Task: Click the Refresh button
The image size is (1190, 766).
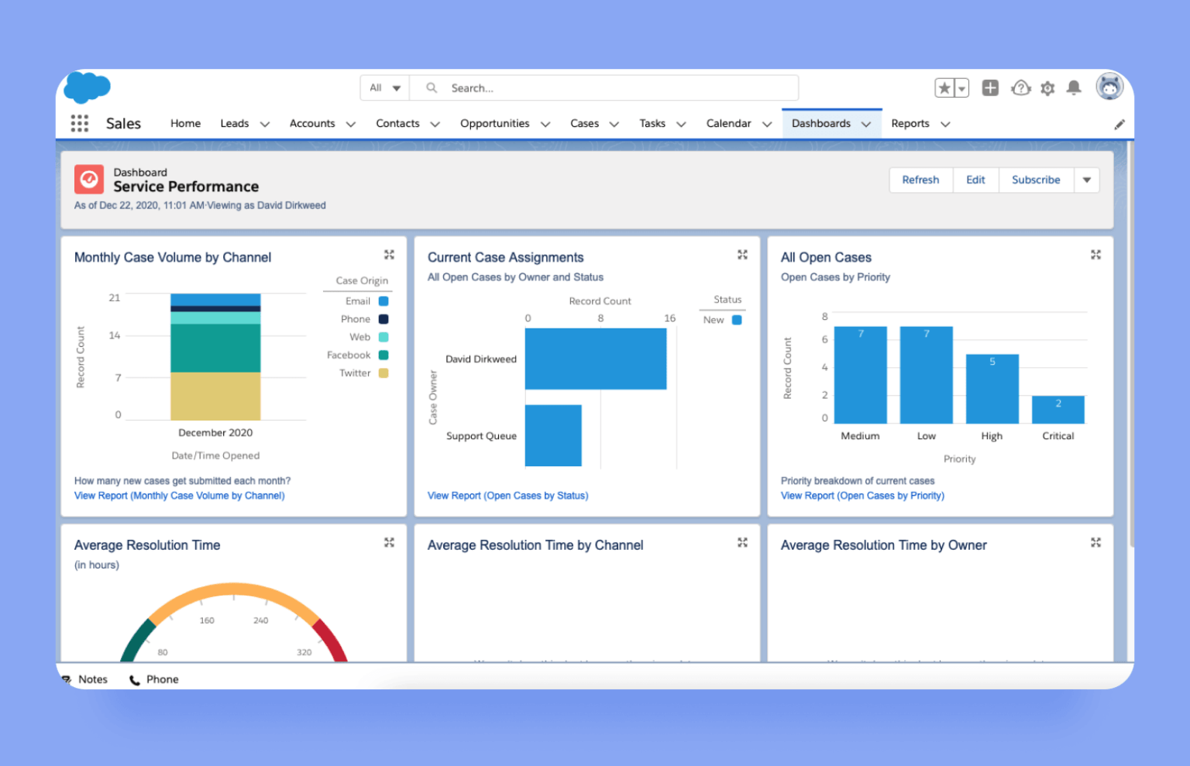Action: tap(920, 180)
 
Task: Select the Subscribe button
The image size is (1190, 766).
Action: tap(1035, 180)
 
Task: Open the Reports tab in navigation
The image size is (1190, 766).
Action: tap(910, 124)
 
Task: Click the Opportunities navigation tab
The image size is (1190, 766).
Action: tap(494, 124)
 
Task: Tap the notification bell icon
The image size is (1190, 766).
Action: tap(1074, 88)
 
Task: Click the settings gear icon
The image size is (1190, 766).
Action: tap(1047, 88)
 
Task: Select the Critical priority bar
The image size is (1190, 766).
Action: tap(1058, 410)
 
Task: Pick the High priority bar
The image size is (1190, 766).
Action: tap(992, 389)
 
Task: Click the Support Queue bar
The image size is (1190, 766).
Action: tap(553, 435)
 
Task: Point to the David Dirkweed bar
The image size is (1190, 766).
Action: tap(595, 359)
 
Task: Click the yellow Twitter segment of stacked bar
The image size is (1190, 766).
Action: tap(215, 396)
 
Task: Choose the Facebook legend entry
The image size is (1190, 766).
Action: tap(357, 356)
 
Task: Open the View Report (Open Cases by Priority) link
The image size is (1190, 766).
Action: tap(862, 496)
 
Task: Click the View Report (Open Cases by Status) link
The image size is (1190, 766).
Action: tap(507, 496)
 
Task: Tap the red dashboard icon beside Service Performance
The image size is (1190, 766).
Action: tap(89, 180)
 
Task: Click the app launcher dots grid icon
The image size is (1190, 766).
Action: tap(80, 124)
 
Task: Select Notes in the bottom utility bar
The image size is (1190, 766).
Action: tap(92, 679)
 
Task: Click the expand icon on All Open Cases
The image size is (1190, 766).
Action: tap(1095, 255)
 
